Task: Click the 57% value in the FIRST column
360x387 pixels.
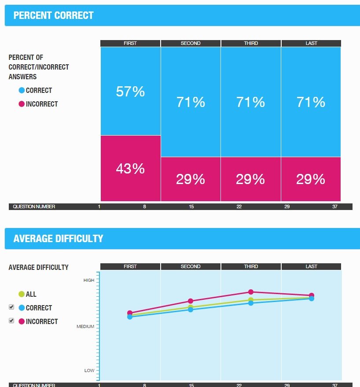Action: point(130,92)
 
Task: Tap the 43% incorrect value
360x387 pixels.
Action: point(130,169)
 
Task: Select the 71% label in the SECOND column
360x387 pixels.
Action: point(191,102)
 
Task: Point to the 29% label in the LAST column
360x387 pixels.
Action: point(311,179)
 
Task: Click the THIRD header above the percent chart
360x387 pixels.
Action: point(251,43)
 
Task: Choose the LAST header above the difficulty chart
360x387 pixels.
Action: point(311,266)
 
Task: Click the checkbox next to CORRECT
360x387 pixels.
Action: point(11,307)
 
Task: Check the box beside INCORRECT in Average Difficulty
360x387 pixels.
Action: point(11,321)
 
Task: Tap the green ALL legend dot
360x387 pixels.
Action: point(22,294)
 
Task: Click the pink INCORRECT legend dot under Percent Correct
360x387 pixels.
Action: point(22,104)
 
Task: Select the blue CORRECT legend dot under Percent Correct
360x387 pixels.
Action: point(22,91)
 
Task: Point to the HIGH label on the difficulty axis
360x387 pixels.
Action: point(89,280)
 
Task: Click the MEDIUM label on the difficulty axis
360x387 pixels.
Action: point(86,327)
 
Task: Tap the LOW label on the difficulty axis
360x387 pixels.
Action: point(89,371)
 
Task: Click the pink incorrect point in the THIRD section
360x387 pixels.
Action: point(251,292)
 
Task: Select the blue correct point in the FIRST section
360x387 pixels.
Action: point(130,317)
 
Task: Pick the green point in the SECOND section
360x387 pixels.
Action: point(191,307)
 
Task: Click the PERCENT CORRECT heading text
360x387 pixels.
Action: point(53,15)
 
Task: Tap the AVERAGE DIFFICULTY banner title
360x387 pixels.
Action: point(58,239)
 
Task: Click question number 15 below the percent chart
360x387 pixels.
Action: point(191,206)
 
